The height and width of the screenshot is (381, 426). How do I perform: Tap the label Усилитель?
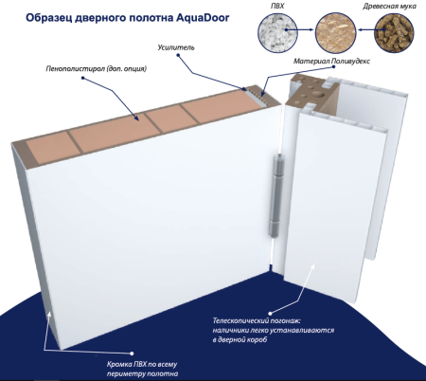coord(173,46)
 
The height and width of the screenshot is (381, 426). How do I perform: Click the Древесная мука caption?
coord(390,7)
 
